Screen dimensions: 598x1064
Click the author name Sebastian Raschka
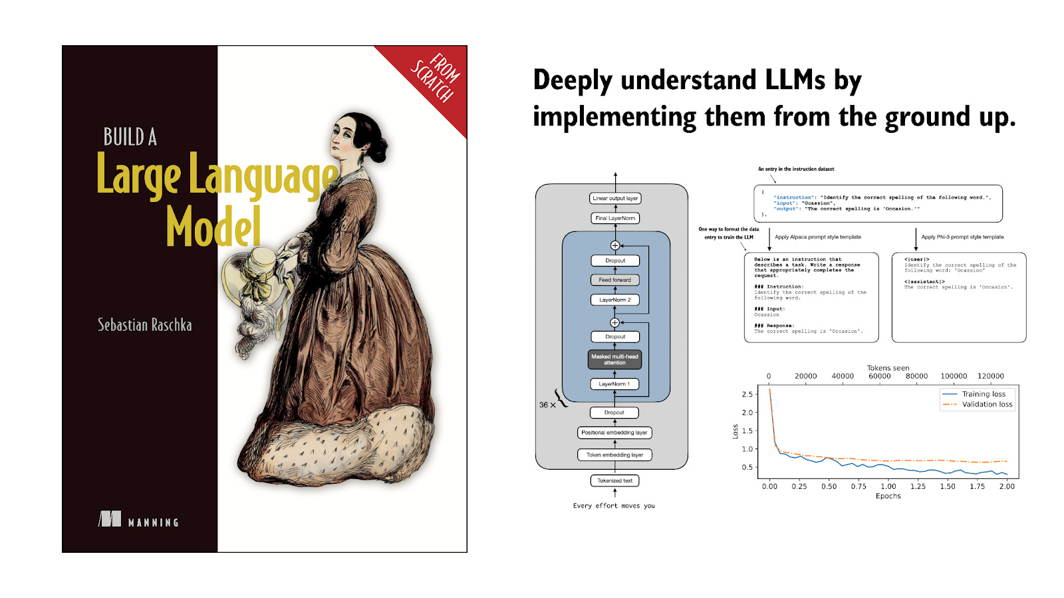pyautogui.click(x=144, y=325)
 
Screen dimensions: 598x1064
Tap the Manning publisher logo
pyautogui.click(x=138, y=520)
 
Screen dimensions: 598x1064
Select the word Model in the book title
pyautogui.click(x=213, y=227)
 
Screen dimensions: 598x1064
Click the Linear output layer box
pyautogui.click(x=615, y=198)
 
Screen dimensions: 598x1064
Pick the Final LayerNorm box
pyautogui.click(x=615, y=218)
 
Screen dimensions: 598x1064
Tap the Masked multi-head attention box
pyautogui.click(x=614, y=359)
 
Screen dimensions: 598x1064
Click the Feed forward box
pyautogui.click(x=614, y=280)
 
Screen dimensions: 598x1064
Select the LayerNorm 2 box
pyautogui.click(x=614, y=300)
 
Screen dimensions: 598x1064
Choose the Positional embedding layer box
pyautogui.click(x=614, y=433)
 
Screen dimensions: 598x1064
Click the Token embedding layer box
pyautogui.click(x=614, y=455)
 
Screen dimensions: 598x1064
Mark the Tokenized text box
pyautogui.click(x=614, y=480)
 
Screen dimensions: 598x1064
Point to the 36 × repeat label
pyautogui.click(x=547, y=405)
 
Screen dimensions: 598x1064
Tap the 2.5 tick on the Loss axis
pyautogui.click(x=747, y=394)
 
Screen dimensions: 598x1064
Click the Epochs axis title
pyautogui.click(x=888, y=496)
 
